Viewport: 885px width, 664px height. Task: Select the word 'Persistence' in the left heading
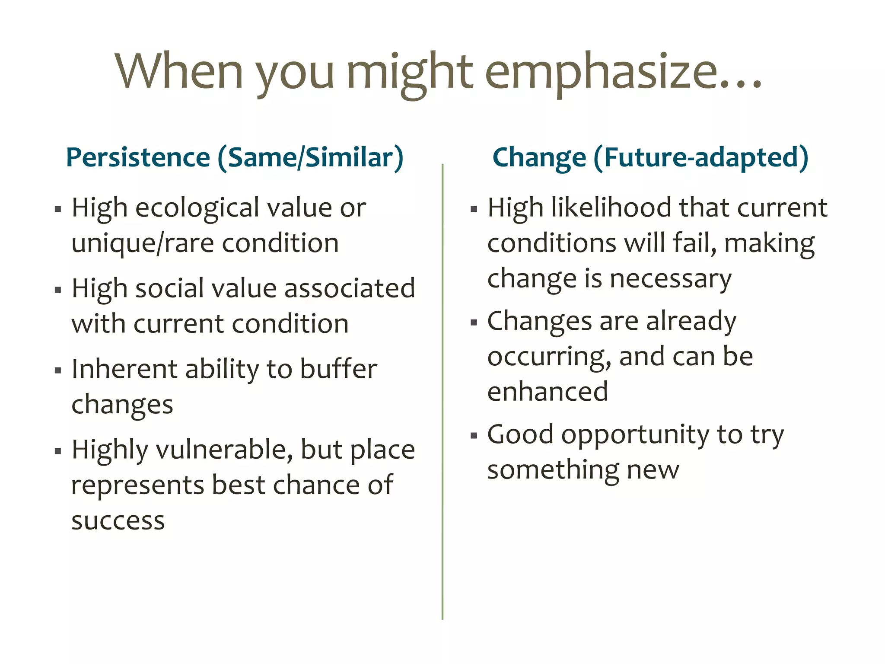pos(138,157)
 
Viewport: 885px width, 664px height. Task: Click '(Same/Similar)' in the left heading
pos(310,158)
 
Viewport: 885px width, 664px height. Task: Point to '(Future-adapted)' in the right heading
pos(700,158)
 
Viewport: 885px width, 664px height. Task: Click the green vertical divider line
pos(442,389)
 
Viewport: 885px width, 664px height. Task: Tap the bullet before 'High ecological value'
pos(58,210)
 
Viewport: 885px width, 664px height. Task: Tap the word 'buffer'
pos(338,369)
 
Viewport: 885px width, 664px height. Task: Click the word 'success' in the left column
pos(118,521)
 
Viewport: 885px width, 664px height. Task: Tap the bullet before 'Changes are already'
pos(474,322)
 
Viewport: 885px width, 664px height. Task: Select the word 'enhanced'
pos(548,392)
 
